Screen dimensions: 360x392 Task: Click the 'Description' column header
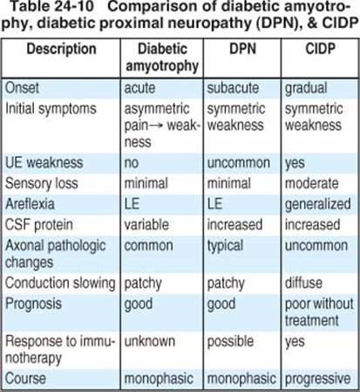tap(61, 49)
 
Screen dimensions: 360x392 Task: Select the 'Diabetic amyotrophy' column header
tap(162, 57)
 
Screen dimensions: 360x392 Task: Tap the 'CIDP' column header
tap(320, 49)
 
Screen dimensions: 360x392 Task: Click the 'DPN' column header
tap(242, 49)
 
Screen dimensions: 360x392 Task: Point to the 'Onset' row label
tap(22, 88)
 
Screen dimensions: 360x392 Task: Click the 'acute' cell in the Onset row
tap(139, 88)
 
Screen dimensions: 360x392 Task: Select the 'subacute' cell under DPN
tap(233, 88)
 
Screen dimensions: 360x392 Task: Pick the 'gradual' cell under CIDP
tap(306, 89)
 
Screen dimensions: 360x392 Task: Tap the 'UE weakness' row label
tap(44, 162)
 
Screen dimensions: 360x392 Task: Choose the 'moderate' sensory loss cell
tap(312, 184)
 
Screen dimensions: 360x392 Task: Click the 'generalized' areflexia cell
tap(318, 205)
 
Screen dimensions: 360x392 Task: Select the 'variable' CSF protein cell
tap(146, 225)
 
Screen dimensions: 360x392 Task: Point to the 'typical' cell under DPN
tap(225, 247)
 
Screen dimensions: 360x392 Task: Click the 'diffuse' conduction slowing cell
tap(303, 283)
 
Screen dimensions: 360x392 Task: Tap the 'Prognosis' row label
tap(33, 304)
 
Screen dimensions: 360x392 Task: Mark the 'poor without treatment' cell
tap(319, 312)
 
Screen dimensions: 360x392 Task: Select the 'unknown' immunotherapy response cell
tap(150, 341)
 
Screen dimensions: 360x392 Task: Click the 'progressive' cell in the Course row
tap(318, 379)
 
